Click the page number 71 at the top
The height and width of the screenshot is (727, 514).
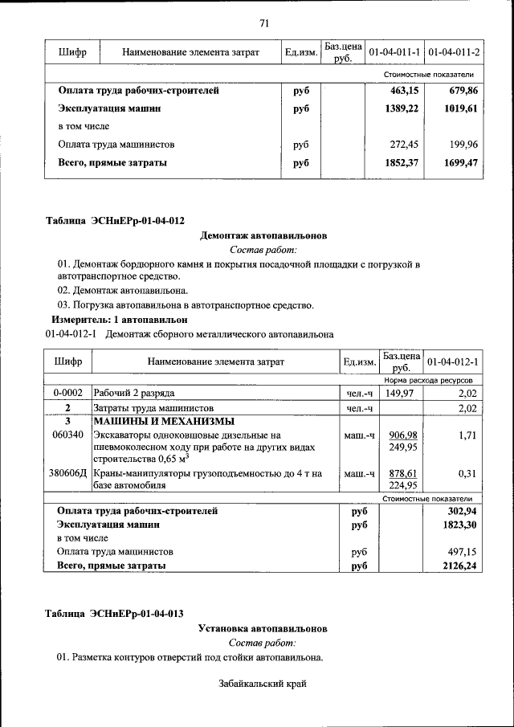[264, 22]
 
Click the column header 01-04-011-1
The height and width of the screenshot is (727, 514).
[394, 52]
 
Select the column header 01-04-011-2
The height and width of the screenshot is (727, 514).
[455, 52]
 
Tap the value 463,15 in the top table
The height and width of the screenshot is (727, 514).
[404, 91]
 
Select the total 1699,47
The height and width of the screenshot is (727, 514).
[461, 163]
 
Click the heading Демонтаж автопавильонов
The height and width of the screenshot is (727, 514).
[263, 236]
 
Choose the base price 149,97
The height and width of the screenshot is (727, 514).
[402, 393]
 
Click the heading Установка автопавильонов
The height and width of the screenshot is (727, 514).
[263, 628]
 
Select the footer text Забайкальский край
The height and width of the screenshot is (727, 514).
[263, 684]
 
